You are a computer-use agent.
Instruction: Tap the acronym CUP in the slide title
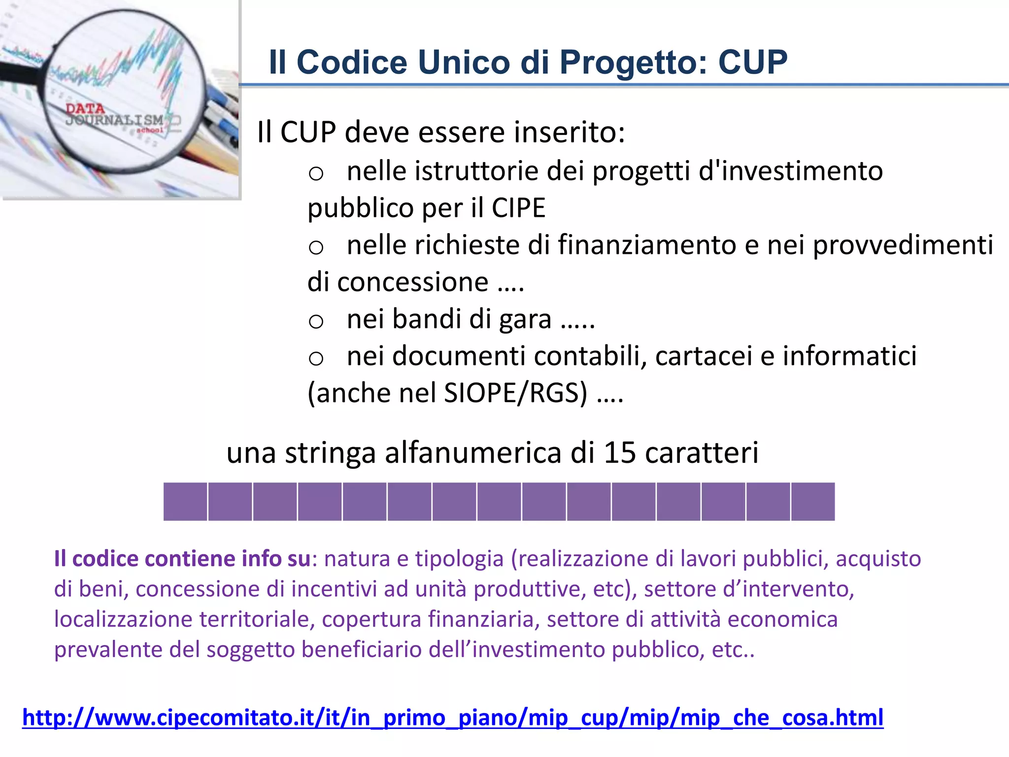pyautogui.click(x=753, y=62)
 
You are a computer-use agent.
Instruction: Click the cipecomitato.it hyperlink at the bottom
pyautogui.click(x=453, y=718)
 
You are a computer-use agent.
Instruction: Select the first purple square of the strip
pyautogui.click(x=185, y=502)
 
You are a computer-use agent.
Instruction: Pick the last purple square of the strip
pyautogui.click(x=813, y=502)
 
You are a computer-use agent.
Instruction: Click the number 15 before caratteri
pyautogui.click(x=620, y=452)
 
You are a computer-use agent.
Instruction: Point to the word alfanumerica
pyautogui.click(x=473, y=452)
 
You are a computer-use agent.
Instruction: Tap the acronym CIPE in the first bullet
pyautogui.click(x=518, y=207)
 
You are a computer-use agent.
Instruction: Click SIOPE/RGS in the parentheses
pyautogui.click(x=515, y=393)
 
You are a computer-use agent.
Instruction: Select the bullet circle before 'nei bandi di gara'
pyautogui.click(x=316, y=322)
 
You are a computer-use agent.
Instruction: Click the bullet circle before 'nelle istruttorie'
pyautogui.click(x=316, y=174)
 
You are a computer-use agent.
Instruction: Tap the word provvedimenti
pyautogui.click(x=903, y=245)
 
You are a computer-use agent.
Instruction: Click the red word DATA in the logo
pyautogui.click(x=85, y=108)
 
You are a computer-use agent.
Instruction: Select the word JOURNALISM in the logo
pyautogui.click(x=114, y=120)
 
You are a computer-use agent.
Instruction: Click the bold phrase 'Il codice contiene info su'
pyautogui.click(x=182, y=559)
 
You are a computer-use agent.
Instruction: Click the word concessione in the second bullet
pyautogui.click(x=413, y=282)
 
